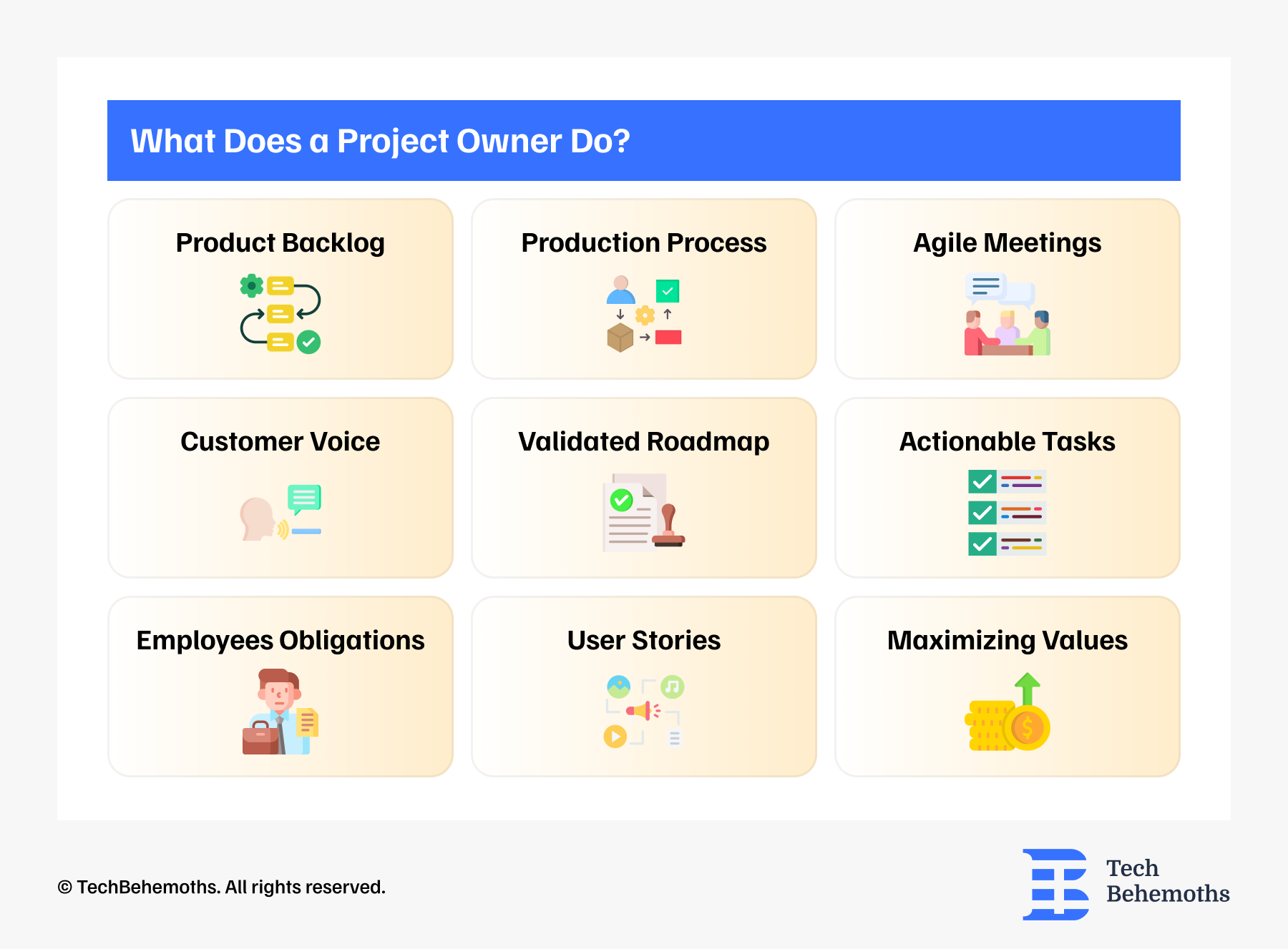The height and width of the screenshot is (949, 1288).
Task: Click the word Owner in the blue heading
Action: pyautogui.click(x=509, y=142)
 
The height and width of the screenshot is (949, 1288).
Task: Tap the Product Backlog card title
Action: pyautogui.click(x=280, y=243)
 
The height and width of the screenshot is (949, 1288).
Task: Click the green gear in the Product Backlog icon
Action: pyautogui.click(x=252, y=286)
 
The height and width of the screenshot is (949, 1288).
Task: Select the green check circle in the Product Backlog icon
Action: pyautogui.click(x=308, y=342)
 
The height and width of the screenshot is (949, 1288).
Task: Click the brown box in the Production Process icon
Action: pyautogui.click(x=620, y=338)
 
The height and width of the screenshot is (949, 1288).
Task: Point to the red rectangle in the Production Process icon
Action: pyautogui.click(x=668, y=337)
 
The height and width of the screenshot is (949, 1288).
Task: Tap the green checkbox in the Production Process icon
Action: pyautogui.click(x=668, y=291)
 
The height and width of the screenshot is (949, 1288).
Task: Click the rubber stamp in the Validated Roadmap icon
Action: pyautogui.click(x=669, y=526)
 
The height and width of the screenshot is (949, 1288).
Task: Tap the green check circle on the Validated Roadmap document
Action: pyautogui.click(x=621, y=499)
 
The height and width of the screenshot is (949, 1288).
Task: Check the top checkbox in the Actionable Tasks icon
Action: pyautogui.click(x=982, y=482)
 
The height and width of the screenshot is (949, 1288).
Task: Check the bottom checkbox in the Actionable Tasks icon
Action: pyautogui.click(x=982, y=544)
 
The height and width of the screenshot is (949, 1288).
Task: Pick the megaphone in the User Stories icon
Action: pyautogui.click(x=639, y=710)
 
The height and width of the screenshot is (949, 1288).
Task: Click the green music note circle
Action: pyautogui.click(x=672, y=687)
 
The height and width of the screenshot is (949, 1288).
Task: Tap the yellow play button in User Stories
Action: pyautogui.click(x=615, y=736)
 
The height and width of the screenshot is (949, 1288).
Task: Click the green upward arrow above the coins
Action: pyautogui.click(x=1028, y=688)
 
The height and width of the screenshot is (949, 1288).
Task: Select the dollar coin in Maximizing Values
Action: pyautogui.click(x=1027, y=728)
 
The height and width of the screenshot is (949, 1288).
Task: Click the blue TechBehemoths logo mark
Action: pyautogui.click(x=1056, y=884)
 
